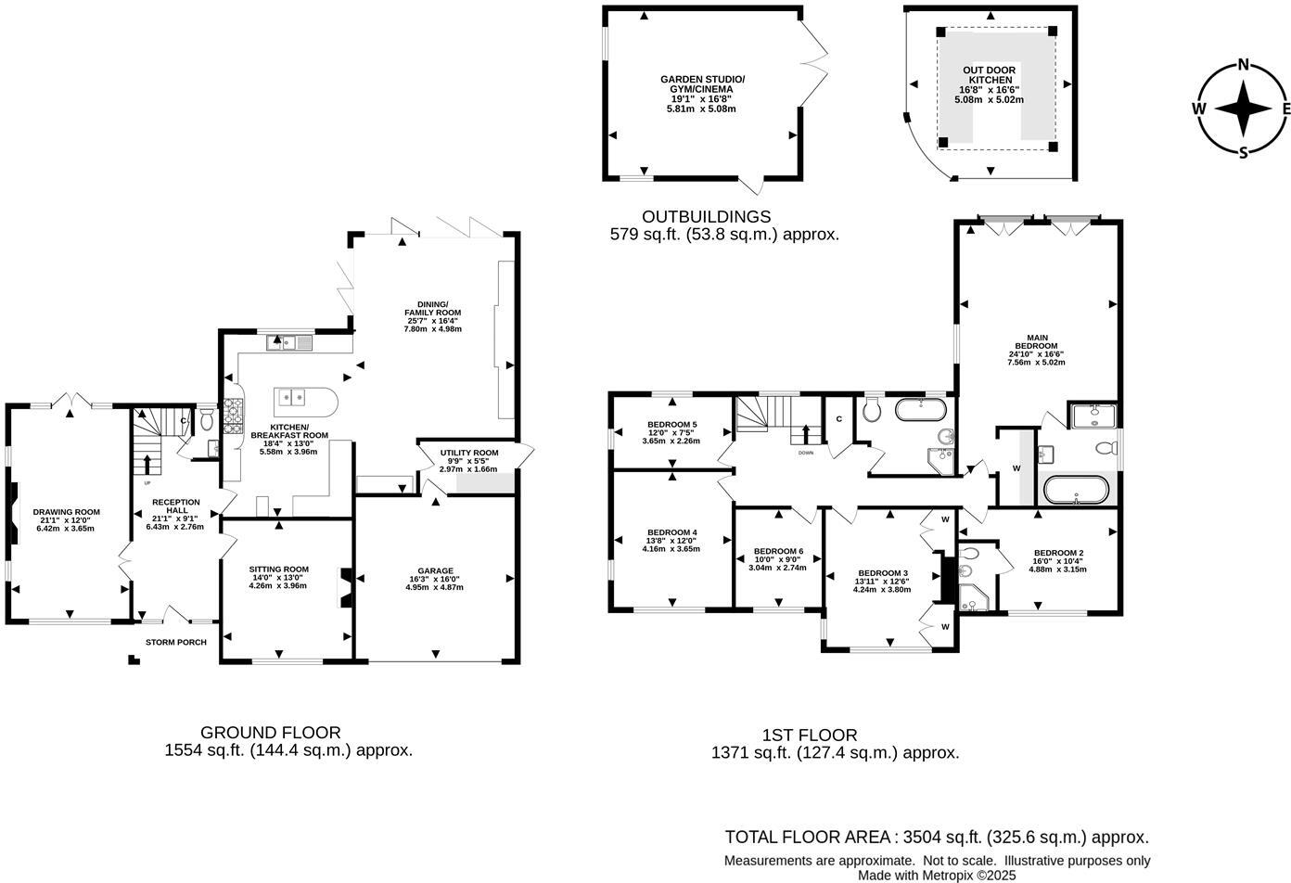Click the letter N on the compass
[1243, 65]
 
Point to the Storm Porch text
[176, 642]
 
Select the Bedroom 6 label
[778, 558]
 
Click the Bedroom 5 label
[671, 432]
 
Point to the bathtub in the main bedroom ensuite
[1075, 489]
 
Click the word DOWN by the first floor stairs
[806, 454]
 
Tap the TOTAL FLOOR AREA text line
[937, 837]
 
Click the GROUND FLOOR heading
[270, 732]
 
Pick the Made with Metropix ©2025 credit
[937, 875]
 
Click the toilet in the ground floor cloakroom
[206, 422]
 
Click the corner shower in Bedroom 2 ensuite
[974, 598]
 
